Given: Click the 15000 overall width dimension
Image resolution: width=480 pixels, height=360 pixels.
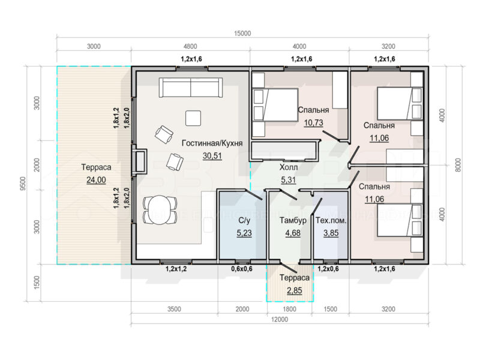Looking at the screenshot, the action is pos(242,34).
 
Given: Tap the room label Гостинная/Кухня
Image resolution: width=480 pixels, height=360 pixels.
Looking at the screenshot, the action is pos(212,143).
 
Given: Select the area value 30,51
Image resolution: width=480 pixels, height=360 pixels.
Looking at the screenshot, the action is pos(212,156).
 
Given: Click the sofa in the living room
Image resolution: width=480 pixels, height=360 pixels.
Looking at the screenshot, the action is pos(191,88).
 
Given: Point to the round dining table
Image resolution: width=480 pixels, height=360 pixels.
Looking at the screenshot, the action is pos(160,210).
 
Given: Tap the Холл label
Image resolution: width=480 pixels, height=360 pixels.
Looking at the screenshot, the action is pos(289,167).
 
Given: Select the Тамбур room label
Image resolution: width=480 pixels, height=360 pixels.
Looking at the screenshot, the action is pos(293,220).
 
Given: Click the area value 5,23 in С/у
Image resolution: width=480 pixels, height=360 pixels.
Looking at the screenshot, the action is pos(244,233).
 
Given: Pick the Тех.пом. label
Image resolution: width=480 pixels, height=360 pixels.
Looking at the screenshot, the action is pos(331,220).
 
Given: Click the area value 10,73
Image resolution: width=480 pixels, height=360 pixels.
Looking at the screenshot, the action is pos(313,123).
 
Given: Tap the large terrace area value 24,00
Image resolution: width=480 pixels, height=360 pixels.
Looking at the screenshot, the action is pos(96,179).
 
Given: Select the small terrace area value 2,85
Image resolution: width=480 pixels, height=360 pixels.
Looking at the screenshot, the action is pos(294,290).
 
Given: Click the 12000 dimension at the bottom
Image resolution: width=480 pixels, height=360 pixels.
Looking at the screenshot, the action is pos(280,320).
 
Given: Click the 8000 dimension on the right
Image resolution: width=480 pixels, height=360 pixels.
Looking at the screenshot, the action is pos(458,165).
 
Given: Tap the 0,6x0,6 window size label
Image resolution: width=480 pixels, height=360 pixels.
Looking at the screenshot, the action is pos(242,269).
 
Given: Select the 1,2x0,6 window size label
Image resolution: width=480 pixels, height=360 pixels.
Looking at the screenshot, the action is pos(328,269).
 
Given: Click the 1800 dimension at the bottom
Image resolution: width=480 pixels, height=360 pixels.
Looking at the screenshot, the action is pos(289,309).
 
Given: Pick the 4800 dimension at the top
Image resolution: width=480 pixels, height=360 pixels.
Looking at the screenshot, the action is pos(190,46).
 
